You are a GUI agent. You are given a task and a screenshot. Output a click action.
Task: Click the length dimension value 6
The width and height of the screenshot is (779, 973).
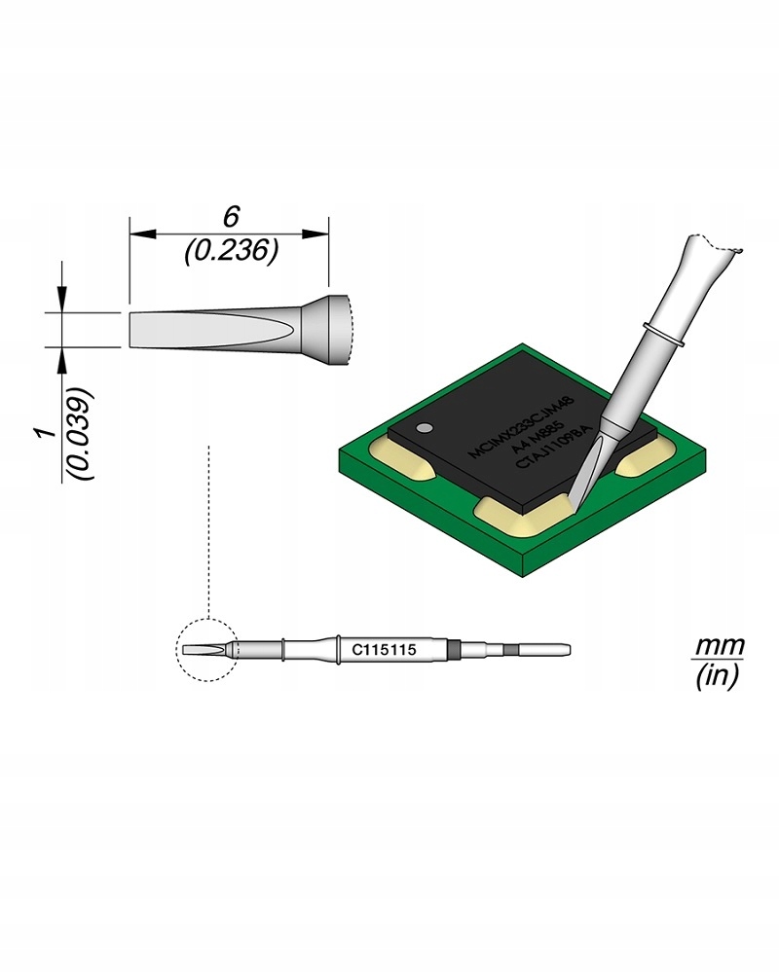pos(231,217)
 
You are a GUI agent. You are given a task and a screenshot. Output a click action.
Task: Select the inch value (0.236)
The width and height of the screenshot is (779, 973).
pos(231,251)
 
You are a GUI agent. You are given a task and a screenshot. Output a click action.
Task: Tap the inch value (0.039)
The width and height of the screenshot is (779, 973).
pos(81,433)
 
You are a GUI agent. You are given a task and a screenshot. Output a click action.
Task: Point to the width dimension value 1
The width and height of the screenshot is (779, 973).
pos(44,433)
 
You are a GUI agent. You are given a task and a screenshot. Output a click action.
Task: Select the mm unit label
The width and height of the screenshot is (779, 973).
pos(719,646)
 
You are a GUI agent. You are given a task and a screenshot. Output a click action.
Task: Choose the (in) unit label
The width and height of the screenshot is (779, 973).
pos(718,676)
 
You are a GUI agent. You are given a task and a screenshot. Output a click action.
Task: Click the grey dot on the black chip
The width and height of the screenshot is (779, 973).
pos(425,427)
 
